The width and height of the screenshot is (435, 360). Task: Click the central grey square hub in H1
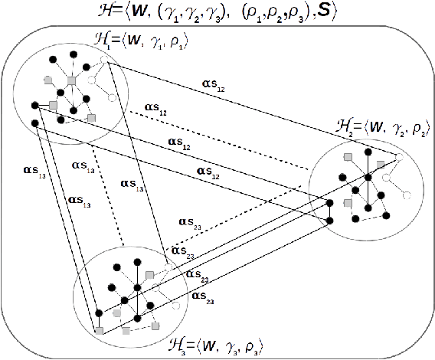click(x=70, y=80)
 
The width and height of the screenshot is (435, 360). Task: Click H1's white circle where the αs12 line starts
click(x=107, y=64)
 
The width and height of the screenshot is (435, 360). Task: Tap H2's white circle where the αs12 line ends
click(x=399, y=155)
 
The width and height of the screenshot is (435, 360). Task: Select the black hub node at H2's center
click(x=368, y=178)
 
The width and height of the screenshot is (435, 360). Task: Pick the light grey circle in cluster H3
click(x=116, y=313)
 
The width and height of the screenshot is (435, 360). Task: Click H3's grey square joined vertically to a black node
click(x=150, y=274)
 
